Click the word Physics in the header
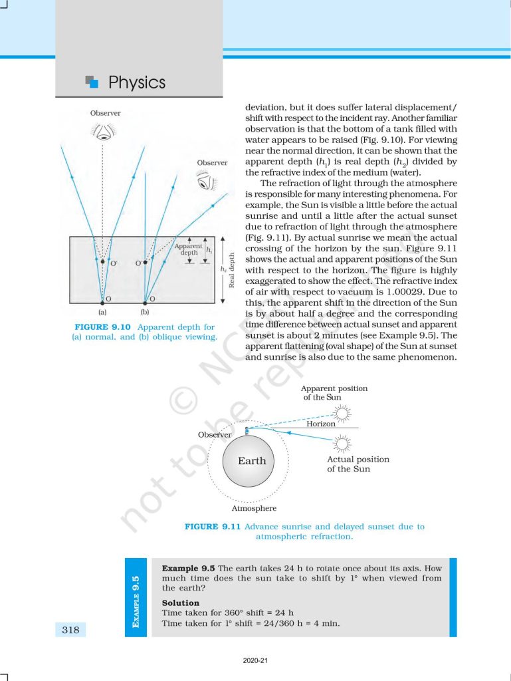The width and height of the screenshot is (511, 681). point(136,82)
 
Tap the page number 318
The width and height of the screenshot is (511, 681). point(70,629)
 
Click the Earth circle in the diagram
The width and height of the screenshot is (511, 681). point(252,461)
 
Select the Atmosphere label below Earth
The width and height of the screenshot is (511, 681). point(254,509)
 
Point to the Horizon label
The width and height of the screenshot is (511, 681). point(321,424)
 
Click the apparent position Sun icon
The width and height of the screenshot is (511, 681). point(342,414)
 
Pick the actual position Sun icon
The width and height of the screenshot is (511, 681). point(342,442)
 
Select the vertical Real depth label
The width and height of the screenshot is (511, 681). point(232,269)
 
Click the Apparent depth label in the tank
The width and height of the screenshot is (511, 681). point(188,249)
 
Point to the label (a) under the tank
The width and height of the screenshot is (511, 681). point(102,311)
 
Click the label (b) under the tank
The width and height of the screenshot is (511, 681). point(145,311)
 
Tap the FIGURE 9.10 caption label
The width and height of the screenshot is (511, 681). point(105,327)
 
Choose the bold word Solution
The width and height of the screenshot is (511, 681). point(180,603)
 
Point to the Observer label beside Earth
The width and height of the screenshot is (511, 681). point(215,434)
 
